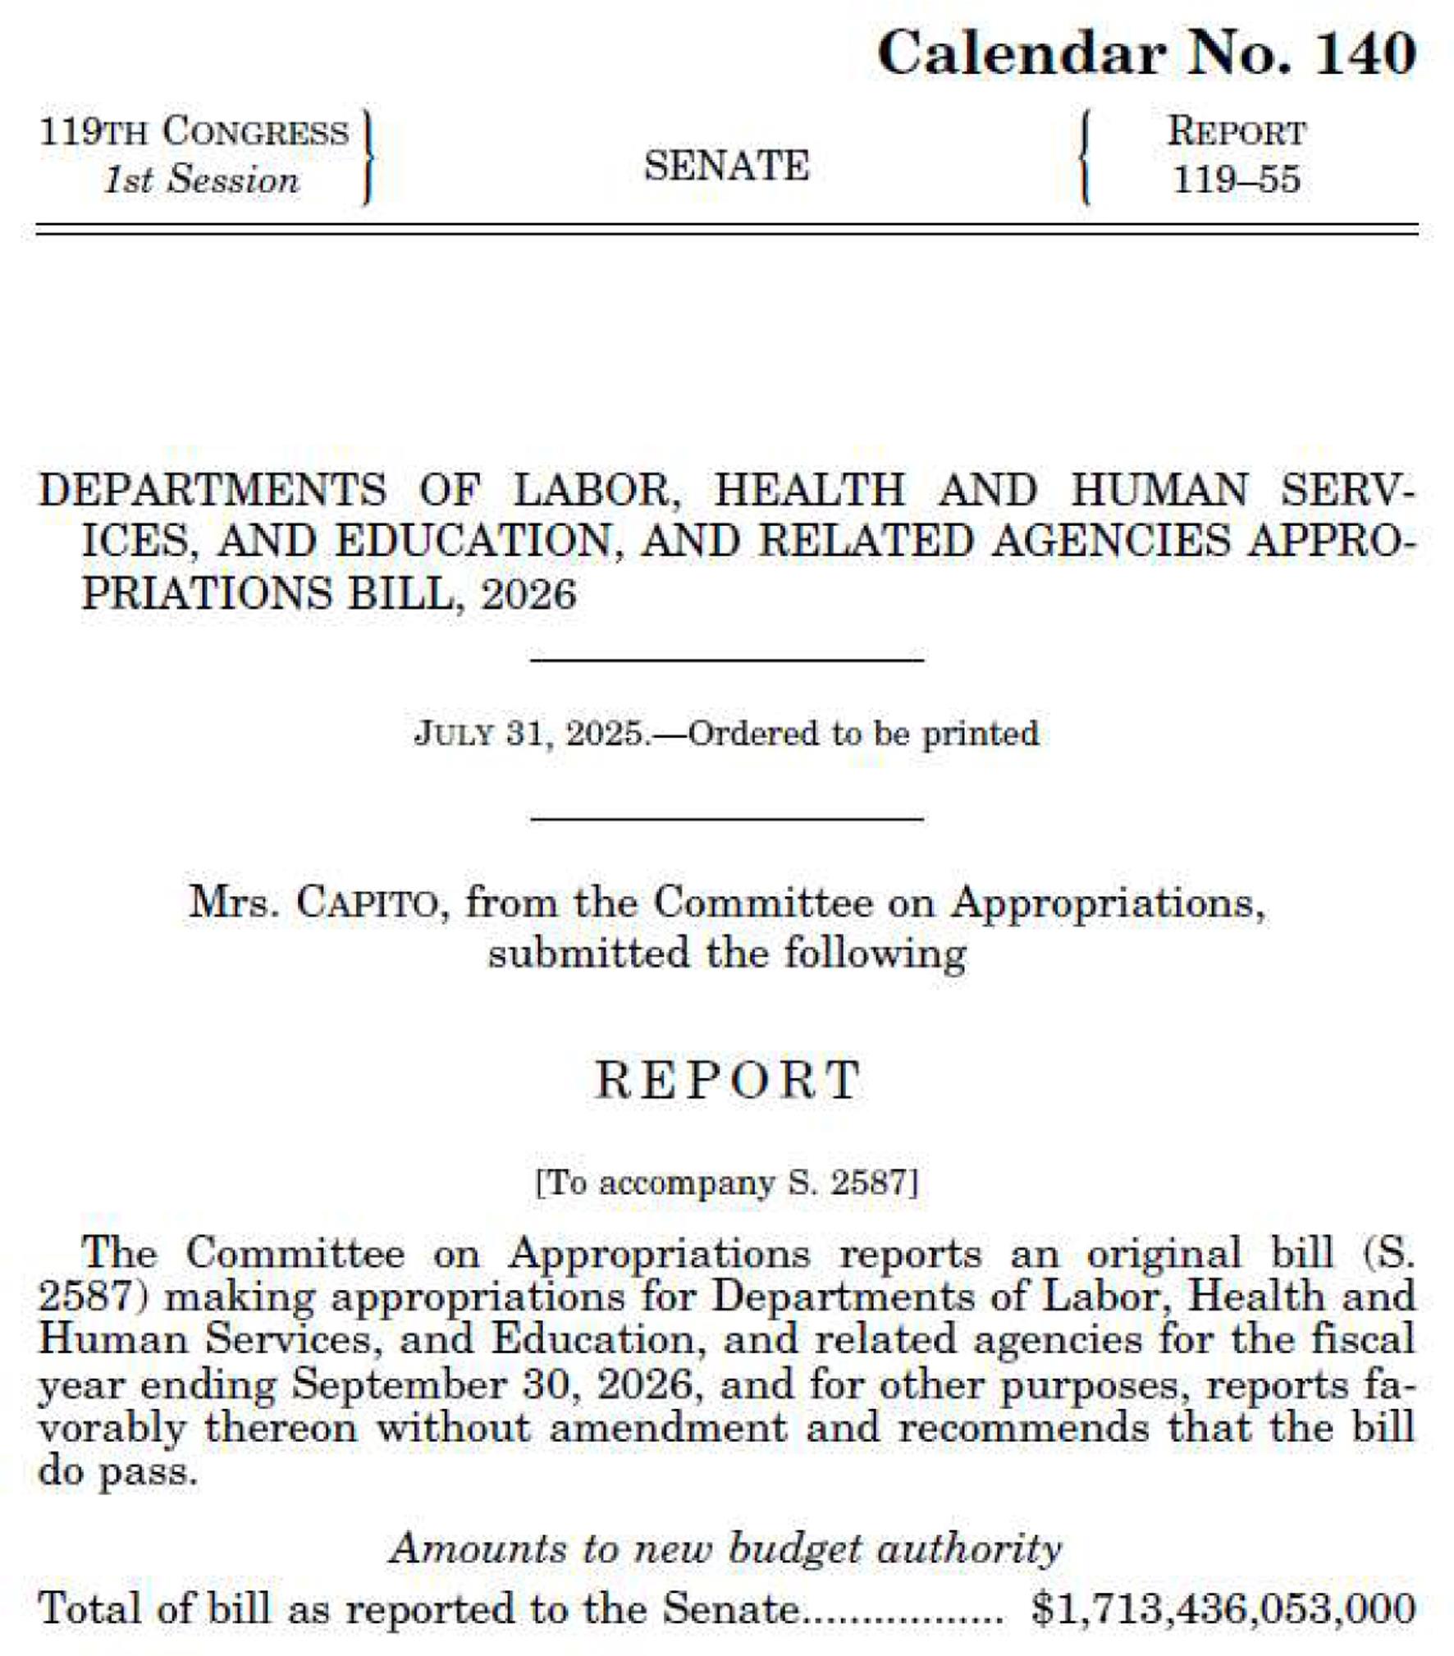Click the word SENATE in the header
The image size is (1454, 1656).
[726, 166]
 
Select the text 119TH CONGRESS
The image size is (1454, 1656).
[194, 132]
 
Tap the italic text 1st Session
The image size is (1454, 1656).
[201, 181]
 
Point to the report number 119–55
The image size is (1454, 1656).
[1237, 181]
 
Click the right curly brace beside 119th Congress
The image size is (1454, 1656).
[368, 158]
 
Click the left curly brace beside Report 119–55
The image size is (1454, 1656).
[1086, 158]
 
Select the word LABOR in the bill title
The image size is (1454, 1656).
[598, 491]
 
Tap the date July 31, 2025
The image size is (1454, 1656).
[531, 733]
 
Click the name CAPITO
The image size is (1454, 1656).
[366, 903]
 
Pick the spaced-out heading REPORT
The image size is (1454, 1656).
[728, 1080]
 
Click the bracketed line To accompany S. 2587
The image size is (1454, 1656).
[727, 1183]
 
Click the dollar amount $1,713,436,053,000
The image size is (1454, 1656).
[1223, 1608]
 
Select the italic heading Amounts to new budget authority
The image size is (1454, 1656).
[726, 1549]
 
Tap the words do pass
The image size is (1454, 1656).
[118, 1471]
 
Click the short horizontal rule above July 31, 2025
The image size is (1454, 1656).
[727, 659]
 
